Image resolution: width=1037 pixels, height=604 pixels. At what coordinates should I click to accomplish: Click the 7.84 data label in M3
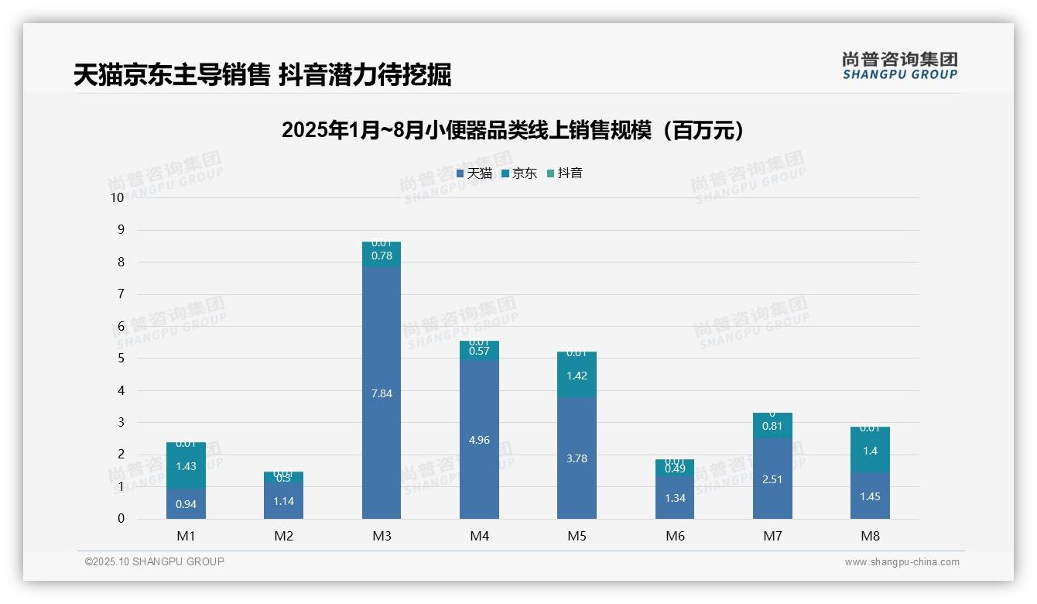tap(382, 393)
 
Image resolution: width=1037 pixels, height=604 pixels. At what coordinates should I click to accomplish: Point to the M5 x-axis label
tap(577, 536)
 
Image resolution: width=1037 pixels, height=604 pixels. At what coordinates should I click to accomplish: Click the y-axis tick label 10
tap(117, 197)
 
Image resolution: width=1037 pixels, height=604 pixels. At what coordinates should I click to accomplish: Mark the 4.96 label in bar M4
tap(479, 440)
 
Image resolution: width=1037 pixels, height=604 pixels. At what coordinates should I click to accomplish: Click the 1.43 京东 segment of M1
tap(186, 466)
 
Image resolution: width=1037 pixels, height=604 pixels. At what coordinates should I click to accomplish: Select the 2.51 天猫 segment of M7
tap(772, 479)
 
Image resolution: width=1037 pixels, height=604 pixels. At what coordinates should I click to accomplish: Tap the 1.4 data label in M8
tap(870, 451)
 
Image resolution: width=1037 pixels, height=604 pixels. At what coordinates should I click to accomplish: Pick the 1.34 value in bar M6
tap(675, 498)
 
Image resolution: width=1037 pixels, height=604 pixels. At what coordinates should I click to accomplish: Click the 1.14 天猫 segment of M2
tap(284, 501)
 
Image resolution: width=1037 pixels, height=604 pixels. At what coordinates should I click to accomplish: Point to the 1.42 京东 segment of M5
tap(577, 376)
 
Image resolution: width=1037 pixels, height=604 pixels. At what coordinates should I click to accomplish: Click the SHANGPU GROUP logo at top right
tap(899, 66)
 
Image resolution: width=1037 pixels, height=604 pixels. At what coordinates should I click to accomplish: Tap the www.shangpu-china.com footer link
tap(902, 562)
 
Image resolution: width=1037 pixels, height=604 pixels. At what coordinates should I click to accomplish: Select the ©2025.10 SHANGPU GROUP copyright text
tap(155, 561)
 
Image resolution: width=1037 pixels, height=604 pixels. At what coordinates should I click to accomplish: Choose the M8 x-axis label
tap(870, 536)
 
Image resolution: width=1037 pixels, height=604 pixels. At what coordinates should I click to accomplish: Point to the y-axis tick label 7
tap(120, 294)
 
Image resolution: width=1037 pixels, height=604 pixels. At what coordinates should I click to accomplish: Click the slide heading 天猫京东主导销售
tap(172, 75)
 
